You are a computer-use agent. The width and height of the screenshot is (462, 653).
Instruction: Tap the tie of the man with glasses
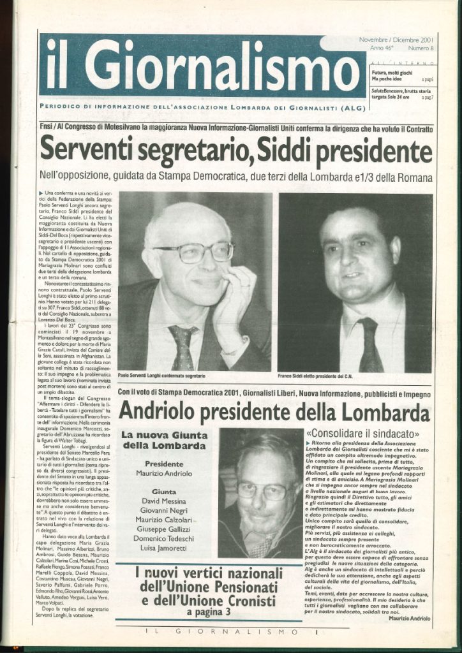(183, 348)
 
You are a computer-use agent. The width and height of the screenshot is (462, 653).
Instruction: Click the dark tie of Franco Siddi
(369, 344)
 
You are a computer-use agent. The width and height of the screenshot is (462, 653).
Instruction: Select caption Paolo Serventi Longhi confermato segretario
(165, 376)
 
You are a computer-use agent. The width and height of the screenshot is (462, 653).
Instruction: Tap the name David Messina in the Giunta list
(163, 502)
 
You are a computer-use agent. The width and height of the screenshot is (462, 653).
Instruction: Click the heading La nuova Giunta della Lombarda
(163, 439)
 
